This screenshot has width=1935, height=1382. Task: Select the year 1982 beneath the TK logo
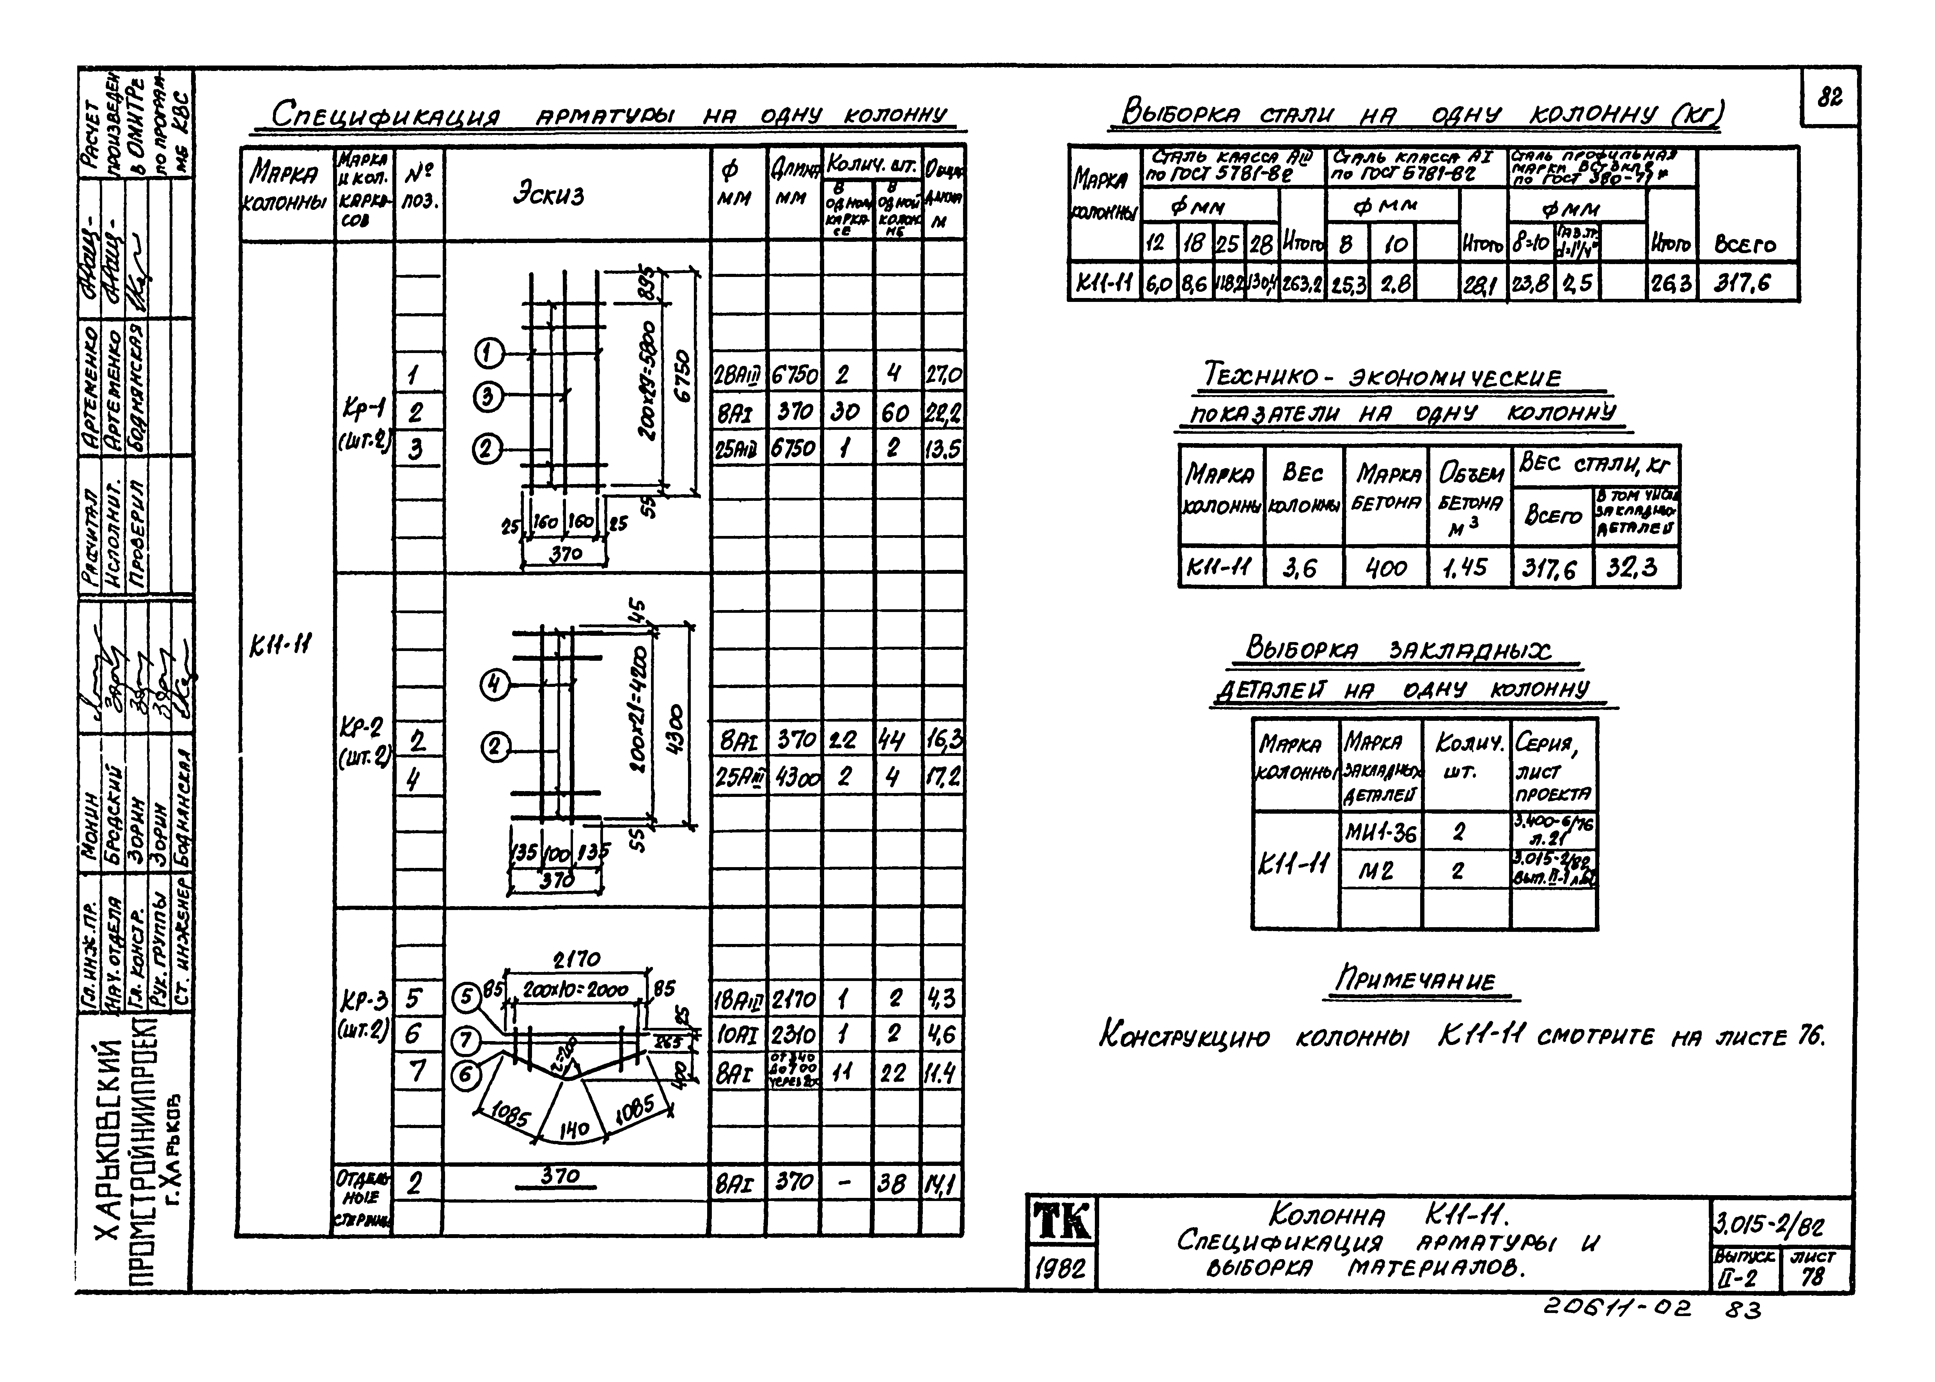[1061, 1268]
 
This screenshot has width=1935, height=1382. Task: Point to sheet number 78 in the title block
[1813, 1276]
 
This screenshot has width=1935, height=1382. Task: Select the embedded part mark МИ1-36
[1380, 832]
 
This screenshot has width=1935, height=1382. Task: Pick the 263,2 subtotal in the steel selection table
[1302, 284]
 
